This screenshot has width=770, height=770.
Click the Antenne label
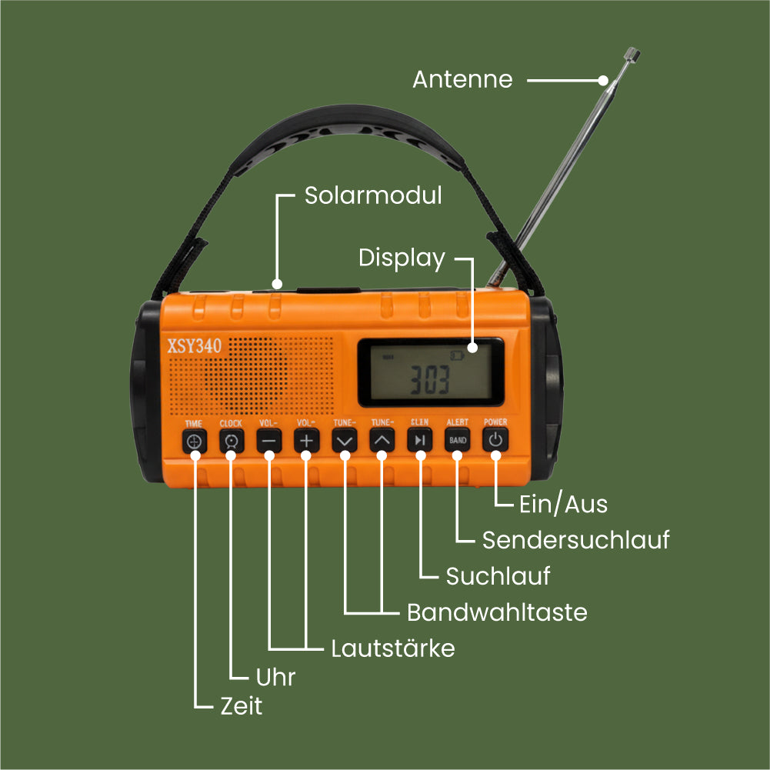pos(462,79)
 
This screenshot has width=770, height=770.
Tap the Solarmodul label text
pos(373,195)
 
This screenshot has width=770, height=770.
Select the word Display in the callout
pos(402,258)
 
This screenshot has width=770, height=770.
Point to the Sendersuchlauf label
pos(575,540)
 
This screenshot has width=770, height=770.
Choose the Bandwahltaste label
pos(497,612)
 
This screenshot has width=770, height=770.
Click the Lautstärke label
pos(393,648)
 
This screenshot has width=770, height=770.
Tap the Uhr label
pos(275,677)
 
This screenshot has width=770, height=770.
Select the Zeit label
pos(242,706)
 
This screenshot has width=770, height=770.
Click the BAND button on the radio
pos(458,441)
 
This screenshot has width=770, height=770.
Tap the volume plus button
pos(307,441)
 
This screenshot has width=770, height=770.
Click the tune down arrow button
pos(345,441)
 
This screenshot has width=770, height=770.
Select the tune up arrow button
pos(382,441)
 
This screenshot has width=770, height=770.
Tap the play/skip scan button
pos(419,441)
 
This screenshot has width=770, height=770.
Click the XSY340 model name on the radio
pos(195,347)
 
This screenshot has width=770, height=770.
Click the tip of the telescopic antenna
pos(633,55)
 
